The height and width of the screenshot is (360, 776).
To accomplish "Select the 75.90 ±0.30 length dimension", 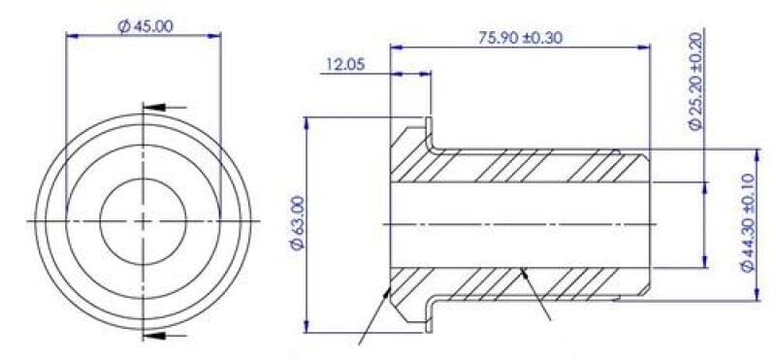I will click(521, 38).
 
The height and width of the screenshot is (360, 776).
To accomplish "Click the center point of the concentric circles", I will click(144, 221).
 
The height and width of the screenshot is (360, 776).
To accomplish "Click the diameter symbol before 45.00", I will click(123, 26).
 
